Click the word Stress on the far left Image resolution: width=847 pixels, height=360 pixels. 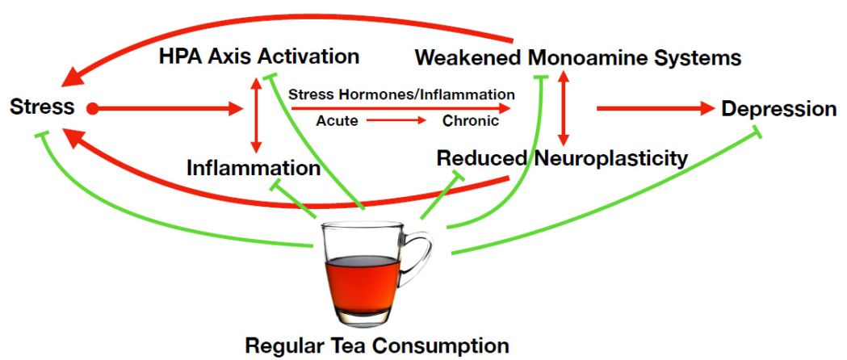pyautogui.click(x=42, y=107)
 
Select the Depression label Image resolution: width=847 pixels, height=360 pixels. pyautogui.click(x=779, y=109)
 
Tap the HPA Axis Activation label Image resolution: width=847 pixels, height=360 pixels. pyautogui.click(x=259, y=57)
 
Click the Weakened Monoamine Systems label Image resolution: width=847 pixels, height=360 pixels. pyautogui.click(x=578, y=57)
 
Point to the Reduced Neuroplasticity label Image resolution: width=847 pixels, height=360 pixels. pyautogui.click(x=562, y=158)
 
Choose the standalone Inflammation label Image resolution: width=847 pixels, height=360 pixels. pyautogui.click(x=254, y=168)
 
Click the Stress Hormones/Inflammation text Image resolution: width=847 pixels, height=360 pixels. pyautogui.click(x=401, y=94)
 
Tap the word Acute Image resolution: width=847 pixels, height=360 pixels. pyautogui.click(x=337, y=120)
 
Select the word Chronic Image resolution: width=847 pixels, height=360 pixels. pyautogui.click(x=471, y=120)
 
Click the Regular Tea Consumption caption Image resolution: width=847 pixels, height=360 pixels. pyautogui.click(x=377, y=345)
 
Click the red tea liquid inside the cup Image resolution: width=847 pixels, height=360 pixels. pyautogui.click(x=362, y=284)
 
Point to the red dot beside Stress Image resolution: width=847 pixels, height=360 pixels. pyautogui.click(x=92, y=109)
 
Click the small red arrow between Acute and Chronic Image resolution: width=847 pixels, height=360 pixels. pyautogui.click(x=396, y=120)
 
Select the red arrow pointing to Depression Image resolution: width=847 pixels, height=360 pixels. pyautogui.click(x=656, y=108)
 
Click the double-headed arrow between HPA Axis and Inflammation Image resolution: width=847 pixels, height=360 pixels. pyautogui.click(x=256, y=115)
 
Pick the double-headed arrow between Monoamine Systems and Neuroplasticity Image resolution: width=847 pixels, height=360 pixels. pyautogui.click(x=563, y=108)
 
